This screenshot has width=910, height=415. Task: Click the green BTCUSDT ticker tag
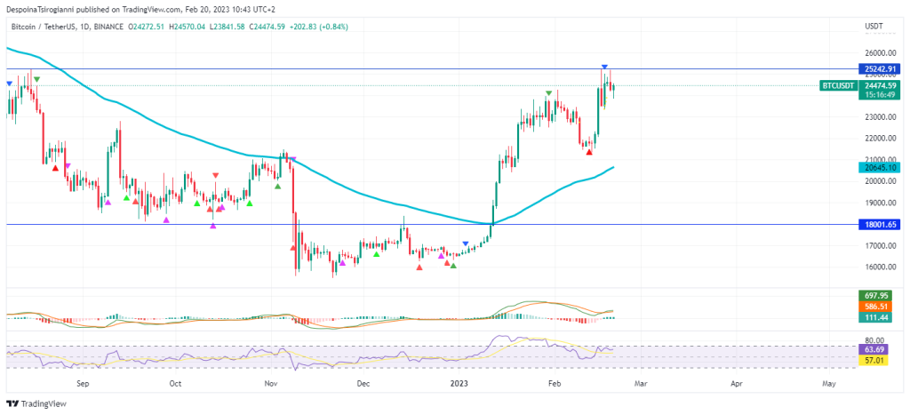point(838,85)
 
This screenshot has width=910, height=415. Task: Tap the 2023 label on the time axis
point(459,384)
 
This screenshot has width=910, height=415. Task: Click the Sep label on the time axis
point(84,384)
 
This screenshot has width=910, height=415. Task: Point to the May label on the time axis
point(828,384)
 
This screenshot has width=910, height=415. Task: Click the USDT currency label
point(873,28)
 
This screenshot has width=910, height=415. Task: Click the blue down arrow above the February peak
point(605,68)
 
